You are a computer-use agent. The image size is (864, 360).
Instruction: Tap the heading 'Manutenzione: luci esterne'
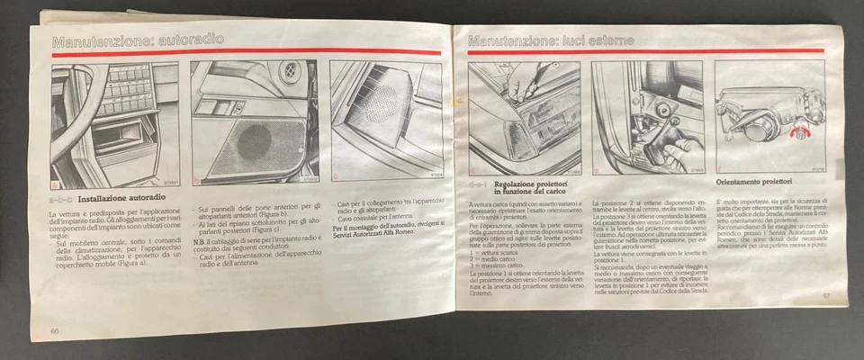pyautogui.click(x=550, y=40)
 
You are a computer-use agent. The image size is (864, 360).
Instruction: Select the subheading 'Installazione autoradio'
pyautogui.click(x=126, y=196)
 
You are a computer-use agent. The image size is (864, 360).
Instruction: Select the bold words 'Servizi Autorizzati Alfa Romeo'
pyautogui.click(x=379, y=235)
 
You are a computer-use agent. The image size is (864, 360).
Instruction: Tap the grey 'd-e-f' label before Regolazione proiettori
pyautogui.click(x=478, y=184)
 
